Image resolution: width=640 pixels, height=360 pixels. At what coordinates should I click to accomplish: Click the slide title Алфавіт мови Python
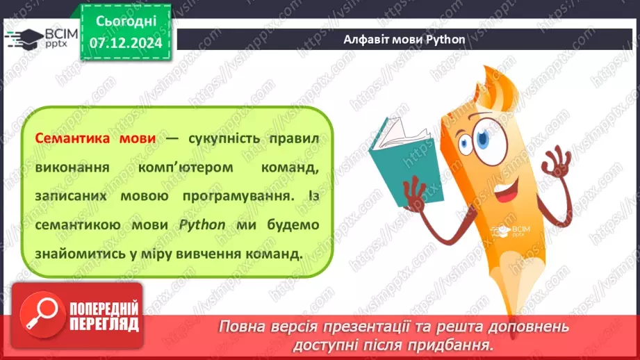point(404,39)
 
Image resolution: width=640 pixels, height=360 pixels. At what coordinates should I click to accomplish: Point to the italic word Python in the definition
point(202,225)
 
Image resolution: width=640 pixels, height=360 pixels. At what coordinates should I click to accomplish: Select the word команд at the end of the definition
point(274,254)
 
